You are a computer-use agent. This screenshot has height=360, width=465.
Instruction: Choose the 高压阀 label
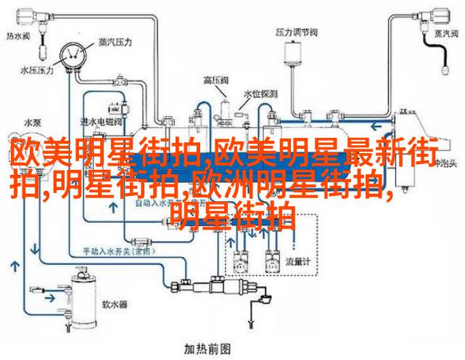(x=215, y=81)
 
